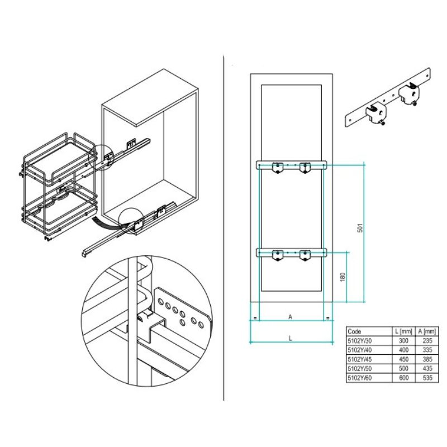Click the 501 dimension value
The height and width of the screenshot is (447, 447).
360,228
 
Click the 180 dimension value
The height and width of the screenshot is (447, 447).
343,277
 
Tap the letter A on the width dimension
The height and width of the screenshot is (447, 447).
290,317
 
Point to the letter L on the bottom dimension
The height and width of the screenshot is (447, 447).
290,339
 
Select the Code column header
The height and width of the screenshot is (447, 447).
354,331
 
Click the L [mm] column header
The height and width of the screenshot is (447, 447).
403,331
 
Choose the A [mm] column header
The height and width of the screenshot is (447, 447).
427,331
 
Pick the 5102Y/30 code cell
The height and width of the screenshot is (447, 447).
360,341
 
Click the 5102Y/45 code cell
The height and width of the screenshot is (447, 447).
360,359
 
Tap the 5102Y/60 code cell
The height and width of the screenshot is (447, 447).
360,378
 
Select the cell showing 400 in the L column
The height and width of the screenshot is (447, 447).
403,350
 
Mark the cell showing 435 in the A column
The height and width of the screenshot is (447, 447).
427,368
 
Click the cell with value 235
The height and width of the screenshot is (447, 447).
427,340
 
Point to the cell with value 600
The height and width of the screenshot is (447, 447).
403,378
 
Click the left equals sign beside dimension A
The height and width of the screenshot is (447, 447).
255,318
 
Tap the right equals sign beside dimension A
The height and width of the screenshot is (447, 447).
328,318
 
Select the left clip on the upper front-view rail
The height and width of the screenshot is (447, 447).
277,168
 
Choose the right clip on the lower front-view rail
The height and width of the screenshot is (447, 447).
305,255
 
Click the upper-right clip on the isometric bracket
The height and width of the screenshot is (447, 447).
409,93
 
